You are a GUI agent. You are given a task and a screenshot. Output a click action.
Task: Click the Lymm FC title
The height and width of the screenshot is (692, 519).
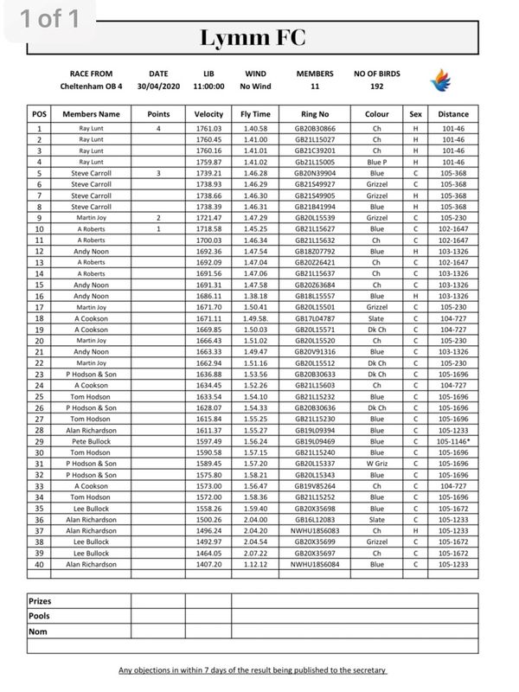(253, 38)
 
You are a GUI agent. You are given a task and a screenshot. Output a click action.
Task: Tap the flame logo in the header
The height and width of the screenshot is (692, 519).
(441, 80)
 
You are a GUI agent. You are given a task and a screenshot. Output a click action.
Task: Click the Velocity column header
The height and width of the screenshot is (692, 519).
(209, 114)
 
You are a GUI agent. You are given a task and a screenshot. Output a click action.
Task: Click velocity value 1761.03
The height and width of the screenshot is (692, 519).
(209, 129)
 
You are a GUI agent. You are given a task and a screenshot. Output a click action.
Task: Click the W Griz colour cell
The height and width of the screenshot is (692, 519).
(376, 463)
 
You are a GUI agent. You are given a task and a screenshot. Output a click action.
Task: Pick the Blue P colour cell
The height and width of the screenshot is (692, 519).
(376, 163)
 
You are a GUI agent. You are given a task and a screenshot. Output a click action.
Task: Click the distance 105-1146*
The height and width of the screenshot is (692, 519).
(454, 440)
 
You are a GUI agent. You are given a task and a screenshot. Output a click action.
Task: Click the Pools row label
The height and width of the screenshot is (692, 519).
(39, 616)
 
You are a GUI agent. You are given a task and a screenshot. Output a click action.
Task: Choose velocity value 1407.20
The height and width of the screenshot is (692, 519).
(209, 563)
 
